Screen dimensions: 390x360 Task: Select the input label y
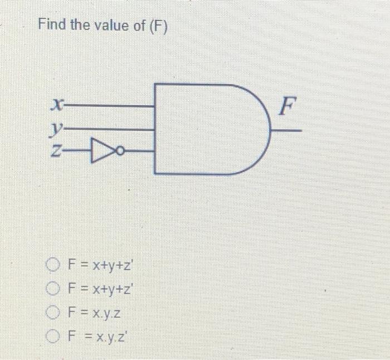point(55,130)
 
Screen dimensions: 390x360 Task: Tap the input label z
point(55,149)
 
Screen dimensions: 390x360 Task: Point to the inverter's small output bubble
point(120,150)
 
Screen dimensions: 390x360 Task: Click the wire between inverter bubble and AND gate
point(139,150)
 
